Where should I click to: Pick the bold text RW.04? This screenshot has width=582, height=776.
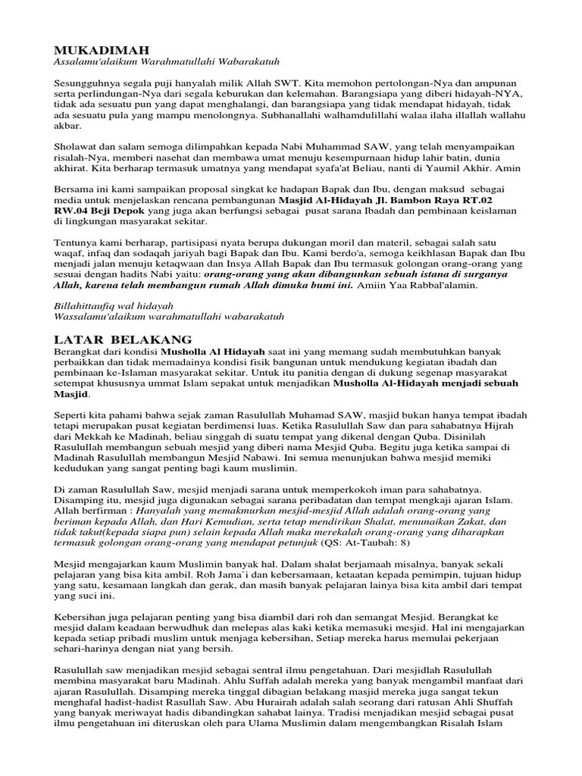click(x=72, y=211)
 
